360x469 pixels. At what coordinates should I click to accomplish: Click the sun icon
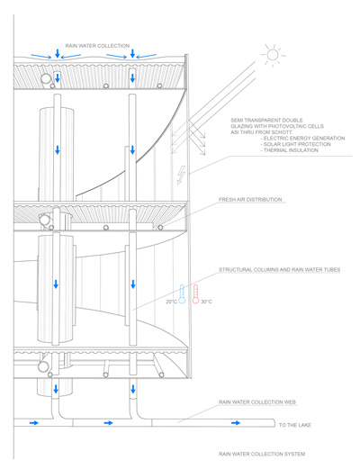click(270, 56)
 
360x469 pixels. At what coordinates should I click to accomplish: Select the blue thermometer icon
click(182, 295)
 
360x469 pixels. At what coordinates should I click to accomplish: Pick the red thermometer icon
click(194, 295)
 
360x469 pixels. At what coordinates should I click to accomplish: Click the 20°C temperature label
click(171, 302)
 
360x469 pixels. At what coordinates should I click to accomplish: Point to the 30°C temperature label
click(206, 302)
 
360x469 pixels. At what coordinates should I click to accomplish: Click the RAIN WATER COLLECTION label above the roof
click(97, 45)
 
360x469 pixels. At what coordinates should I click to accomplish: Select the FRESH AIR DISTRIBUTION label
click(250, 200)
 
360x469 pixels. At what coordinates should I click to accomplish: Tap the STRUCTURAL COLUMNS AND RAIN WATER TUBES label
click(279, 269)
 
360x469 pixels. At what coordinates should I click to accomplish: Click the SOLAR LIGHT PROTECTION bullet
click(292, 144)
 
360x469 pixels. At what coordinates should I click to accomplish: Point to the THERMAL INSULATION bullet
click(287, 150)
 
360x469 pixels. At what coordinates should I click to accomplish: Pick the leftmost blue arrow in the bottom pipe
click(33, 422)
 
